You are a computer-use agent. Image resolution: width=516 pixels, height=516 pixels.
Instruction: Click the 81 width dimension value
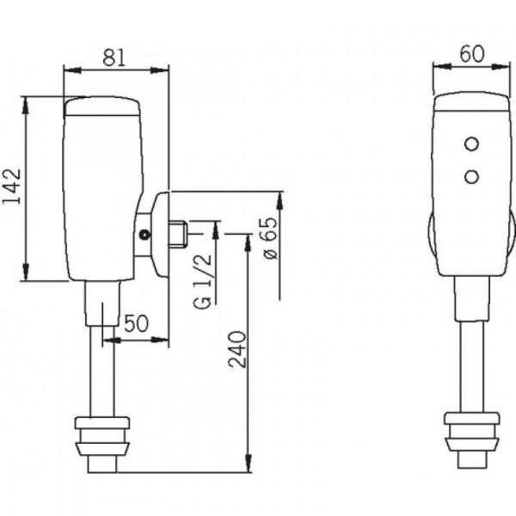click(114, 58)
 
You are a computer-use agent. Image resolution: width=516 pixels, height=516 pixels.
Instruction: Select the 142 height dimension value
click(12, 187)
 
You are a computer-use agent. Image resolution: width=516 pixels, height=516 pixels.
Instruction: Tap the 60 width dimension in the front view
click(472, 54)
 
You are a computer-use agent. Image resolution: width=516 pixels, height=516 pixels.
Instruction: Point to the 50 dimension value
click(137, 323)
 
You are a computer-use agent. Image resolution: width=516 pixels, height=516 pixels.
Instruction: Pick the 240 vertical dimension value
click(237, 349)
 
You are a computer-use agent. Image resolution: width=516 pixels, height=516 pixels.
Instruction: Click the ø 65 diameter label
click(268, 238)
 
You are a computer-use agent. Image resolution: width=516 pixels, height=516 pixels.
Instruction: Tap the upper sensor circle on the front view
click(471, 144)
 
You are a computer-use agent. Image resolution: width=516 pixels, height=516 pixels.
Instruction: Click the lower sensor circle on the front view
click(471, 176)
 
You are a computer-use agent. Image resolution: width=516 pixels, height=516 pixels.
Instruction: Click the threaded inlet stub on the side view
click(178, 234)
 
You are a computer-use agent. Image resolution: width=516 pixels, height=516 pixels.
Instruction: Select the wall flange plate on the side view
click(159, 234)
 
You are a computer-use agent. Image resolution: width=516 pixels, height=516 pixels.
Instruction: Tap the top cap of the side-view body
click(101, 106)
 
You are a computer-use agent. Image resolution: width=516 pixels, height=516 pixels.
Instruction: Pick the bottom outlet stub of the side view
click(102, 464)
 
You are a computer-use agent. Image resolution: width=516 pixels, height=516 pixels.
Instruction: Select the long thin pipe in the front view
click(472, 366)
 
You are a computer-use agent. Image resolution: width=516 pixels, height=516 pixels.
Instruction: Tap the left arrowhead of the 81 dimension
click(72, 71)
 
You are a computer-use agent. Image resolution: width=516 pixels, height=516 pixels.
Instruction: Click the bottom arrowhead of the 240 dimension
click(249, 464)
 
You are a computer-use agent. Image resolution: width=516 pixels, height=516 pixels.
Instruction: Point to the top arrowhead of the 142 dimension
click(25, 105)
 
